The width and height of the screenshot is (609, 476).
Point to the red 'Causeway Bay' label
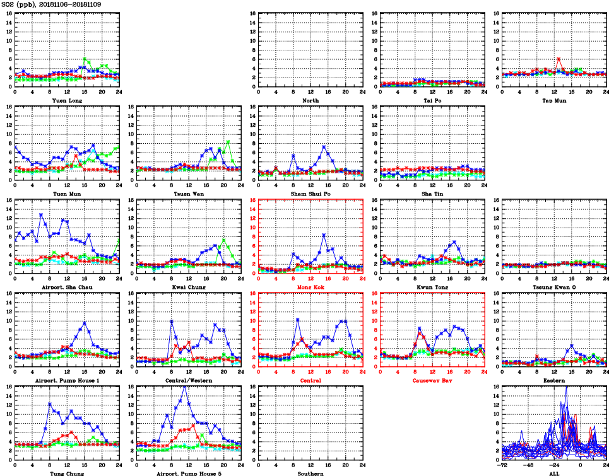coord(432,380)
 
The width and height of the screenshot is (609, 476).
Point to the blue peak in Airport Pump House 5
coord(184,386)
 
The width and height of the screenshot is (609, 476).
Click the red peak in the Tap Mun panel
coord(559,59)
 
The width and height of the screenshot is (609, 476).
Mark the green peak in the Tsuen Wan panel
coord(228,141)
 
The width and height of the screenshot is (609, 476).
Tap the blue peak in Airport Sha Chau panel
coord(41,214)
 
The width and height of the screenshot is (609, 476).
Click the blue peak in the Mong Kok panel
coord(324,235)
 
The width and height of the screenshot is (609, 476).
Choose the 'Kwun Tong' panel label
coord(432,287)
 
